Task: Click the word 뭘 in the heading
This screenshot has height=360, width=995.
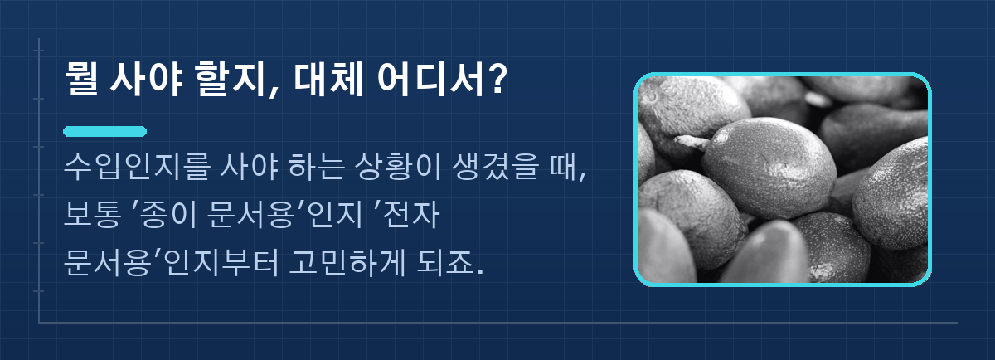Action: point(81,78)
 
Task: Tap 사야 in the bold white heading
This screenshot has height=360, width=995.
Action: point(147,79)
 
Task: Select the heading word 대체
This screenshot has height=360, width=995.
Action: point(328,79)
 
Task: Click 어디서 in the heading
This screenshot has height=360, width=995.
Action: point(430,79)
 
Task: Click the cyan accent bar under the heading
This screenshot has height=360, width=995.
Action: point(104,132)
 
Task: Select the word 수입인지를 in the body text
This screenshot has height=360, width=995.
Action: point(136,166)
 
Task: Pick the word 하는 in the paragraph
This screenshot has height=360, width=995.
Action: point(316,166)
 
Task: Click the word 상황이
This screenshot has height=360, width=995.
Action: point(398,166)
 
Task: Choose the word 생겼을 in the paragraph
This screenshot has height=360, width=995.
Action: point(496,166)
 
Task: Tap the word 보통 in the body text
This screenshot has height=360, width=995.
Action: point(92,215)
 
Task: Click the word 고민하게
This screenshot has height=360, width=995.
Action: point(347,263)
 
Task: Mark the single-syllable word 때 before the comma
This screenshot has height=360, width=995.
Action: point(563,166)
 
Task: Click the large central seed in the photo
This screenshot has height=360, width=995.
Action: point(769,167)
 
